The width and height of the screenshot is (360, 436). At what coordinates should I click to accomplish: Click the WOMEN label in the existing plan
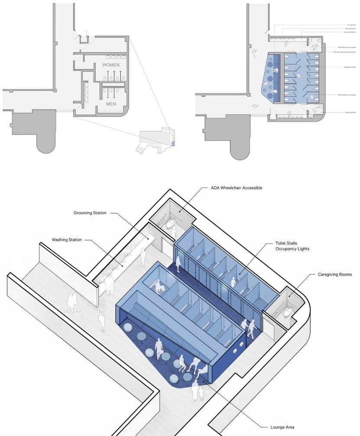click(111, 65)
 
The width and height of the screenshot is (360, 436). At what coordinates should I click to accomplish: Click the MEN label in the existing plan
click(111, 104)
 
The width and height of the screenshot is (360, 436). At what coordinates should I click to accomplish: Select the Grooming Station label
click(90, 213)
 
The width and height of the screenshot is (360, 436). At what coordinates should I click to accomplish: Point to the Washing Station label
click(67, 239)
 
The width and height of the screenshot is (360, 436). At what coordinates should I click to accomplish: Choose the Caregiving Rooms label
click(335, 275)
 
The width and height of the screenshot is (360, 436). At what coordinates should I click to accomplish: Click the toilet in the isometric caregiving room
click(287, 315)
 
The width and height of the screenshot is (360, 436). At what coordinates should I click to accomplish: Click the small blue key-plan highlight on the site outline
click(173, 142)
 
